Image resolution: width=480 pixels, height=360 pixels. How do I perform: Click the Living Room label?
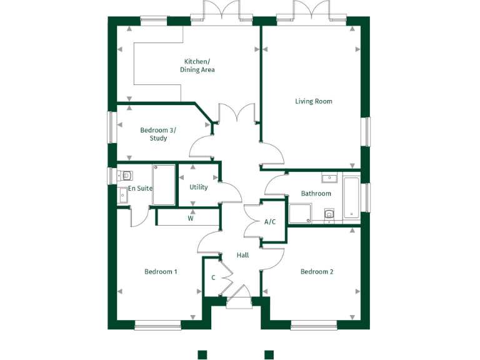314,101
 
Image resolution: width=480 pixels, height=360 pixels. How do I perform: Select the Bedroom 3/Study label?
158,134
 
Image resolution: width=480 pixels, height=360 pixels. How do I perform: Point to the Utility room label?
199,187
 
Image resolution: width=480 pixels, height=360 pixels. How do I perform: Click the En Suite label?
141,188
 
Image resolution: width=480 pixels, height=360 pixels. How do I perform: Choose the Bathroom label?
316,194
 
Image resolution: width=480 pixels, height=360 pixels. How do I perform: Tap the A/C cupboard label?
271,222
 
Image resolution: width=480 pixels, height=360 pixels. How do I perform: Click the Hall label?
242,255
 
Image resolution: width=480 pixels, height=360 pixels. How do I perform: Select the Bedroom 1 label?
161,272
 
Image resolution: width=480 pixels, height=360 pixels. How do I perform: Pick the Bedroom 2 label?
317,272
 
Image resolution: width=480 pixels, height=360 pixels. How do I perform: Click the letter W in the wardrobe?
191,219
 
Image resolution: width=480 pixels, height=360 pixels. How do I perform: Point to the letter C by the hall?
213,277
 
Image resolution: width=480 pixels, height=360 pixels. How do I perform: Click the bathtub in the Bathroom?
352,199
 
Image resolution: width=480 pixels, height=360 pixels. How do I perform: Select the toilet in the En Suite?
126,176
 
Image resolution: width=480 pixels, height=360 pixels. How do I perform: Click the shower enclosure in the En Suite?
164,185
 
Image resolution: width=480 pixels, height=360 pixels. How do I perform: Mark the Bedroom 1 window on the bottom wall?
158,324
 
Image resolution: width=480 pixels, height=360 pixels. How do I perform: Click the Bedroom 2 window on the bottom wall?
314,324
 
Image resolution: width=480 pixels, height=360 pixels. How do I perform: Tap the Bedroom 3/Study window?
111,127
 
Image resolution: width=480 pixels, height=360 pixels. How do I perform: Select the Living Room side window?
367,132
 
